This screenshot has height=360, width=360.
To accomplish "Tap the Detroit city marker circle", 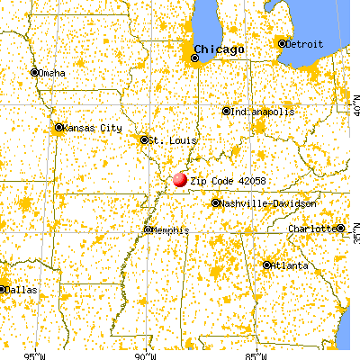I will click(x=283, y=43).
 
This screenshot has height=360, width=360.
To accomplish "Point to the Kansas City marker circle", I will click(x=59, y=128).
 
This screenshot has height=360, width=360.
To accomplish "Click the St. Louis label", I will click(x=167, y=140).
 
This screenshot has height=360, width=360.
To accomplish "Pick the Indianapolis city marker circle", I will click(x=227, y=112).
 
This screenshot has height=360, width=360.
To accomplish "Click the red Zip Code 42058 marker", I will click(x=180, y=179).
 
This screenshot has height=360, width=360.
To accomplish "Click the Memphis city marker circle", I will click(x=148, y=230).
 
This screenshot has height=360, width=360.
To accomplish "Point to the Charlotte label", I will click(x=313, y=229).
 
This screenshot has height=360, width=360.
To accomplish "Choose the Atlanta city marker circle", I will click(x=267, y=265).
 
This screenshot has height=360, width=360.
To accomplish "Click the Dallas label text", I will click(x=22, y=290).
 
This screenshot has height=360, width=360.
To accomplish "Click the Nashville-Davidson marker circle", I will click(x=216, y=203).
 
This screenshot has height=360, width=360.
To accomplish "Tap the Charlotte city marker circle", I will click(x=341, y=229).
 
